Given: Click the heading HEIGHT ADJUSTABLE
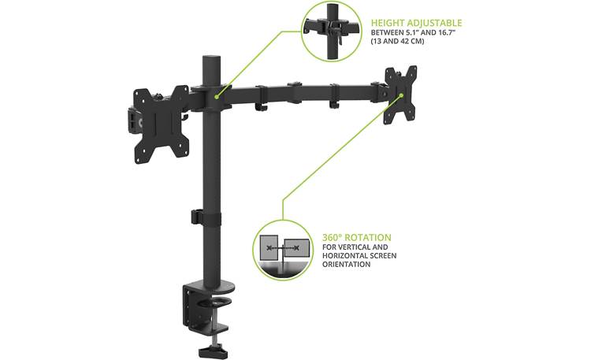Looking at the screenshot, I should pos(416,24).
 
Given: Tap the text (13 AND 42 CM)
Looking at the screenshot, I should pos(398,41).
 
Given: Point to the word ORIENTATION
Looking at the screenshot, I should pos(347,265).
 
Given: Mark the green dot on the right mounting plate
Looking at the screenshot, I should pos(401,96).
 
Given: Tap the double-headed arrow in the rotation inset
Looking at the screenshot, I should pos(283,248).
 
